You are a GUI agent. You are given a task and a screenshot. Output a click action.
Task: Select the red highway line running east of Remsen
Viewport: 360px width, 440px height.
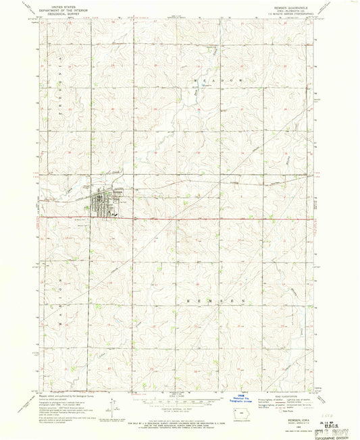(x=236, y=218)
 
